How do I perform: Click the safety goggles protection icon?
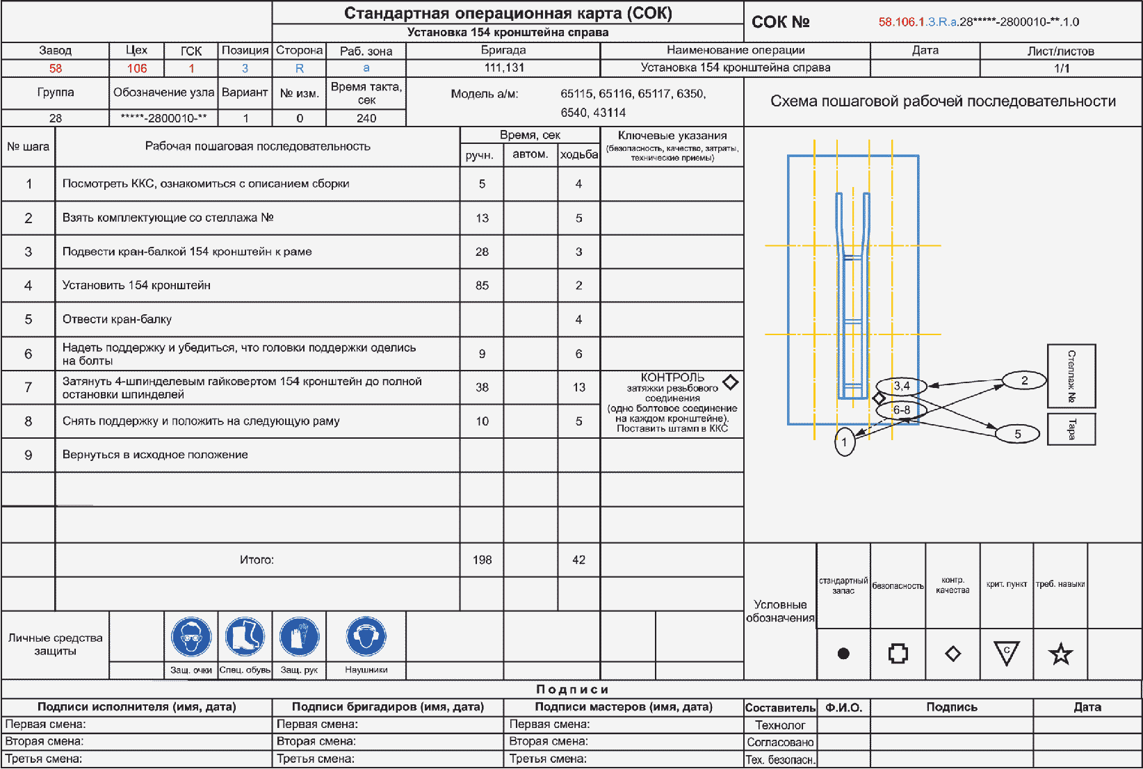[x=191, y=636]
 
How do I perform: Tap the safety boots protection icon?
[x=245, y=636]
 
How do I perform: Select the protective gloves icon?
[x=300, y=636]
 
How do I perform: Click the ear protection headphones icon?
[x=366, y=636]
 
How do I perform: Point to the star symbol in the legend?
[x=1060, y=654]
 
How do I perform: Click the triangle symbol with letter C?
[x=1006, y=653]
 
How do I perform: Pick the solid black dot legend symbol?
[x=843, y=654]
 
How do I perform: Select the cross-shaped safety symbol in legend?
[x=898, y=654]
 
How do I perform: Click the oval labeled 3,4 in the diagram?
[x=901, y=386]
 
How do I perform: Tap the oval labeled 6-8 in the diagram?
[x=901, y=410]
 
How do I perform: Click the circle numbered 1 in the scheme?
[x=845, y=442]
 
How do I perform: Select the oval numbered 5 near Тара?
[x=1017, y=434]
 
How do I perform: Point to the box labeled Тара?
[x=1071, y=429]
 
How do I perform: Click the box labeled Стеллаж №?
[x=1071, y=376]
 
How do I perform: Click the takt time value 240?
[x=366, y=118]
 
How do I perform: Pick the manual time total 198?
[x=483, y=560]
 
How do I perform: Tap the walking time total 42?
[x=578, y=560]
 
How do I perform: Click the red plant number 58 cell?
[x=56, y=68]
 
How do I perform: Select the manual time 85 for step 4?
[x=483, y=285]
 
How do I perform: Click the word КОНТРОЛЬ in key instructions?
[x=672, y=378]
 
